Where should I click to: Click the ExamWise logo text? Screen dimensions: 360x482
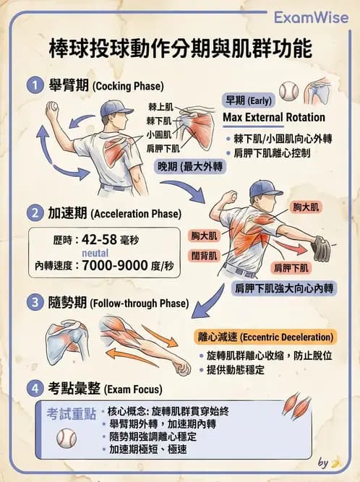[x=311, y=17]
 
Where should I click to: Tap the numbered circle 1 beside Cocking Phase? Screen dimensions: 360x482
[x=35, y=85]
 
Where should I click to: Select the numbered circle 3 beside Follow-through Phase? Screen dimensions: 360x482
[x=35, y=302]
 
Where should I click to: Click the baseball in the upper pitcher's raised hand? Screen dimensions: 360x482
[x=52, y=107]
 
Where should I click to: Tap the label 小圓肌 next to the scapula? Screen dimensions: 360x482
[x=158, y=134]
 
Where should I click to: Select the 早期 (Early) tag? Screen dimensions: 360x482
[x=249, y=100]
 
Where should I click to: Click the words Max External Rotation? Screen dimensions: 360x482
[x=274, y=117]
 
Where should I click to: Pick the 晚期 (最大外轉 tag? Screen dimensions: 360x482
[x=189, y=167]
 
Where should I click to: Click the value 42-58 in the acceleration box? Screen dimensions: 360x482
[x=99, y=239]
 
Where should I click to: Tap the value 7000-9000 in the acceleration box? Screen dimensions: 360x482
[x=114, y=265]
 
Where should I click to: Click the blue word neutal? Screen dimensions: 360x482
[x=95, y=253]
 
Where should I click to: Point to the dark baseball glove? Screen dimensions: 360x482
[x=321, y=249]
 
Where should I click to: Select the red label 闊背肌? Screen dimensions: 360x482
[x=204, y=255]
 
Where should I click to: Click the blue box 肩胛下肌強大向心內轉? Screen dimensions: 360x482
[x=284, y=288]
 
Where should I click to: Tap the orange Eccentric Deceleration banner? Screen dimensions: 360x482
[x=265, y=337]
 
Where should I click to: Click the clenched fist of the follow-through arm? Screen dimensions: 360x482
[x=181, y=366]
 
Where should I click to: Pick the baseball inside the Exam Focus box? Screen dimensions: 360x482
[x=67, y=438]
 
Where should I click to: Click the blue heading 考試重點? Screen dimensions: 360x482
[x=72, y=414]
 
